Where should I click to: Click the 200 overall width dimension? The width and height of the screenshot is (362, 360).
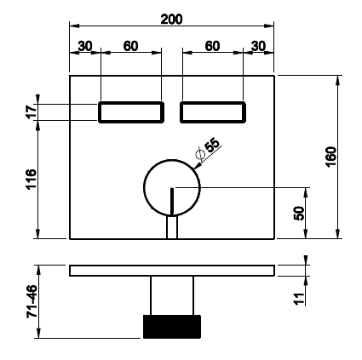pyautogui.click(x=171, y=20)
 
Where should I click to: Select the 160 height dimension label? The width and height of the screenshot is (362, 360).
pyautogui.click(x=331, y=157)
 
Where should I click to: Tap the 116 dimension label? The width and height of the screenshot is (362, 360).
pyautogui.click(x=32, y=180)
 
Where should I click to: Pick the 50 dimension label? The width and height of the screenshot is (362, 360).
pyautogui.click(x=299, y=213)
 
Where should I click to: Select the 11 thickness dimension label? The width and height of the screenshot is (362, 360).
pyautogui.click(x=299, y=299)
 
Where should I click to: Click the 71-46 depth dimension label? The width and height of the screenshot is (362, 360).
pyautogui.click(x=32, y=301)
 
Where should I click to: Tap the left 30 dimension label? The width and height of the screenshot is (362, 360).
pyautogui.click(x=85, y=46)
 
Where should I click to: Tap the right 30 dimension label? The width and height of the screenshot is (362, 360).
pyautogui.click(x=258, y=46)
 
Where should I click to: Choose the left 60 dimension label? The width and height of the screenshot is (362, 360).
pyautogui.click(x=130, y=46)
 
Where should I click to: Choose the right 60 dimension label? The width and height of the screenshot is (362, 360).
pyautogui.click(x=212, y=46)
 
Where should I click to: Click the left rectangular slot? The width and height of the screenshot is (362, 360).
pyautogui.click(x=131, y=102)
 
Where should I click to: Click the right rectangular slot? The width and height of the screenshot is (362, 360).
pyautogui.click(x=213, y=102)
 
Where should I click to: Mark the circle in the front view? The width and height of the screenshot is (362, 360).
pyautogui.click(x=144, y=187)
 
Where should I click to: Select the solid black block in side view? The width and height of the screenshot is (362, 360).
pyautogui.click(x=172, y=327)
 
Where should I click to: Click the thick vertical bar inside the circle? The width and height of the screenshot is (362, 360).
pyautogui.click(x=172, y=201)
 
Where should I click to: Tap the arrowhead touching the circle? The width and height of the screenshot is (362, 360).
pyautogui.click(x=197, y=167)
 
